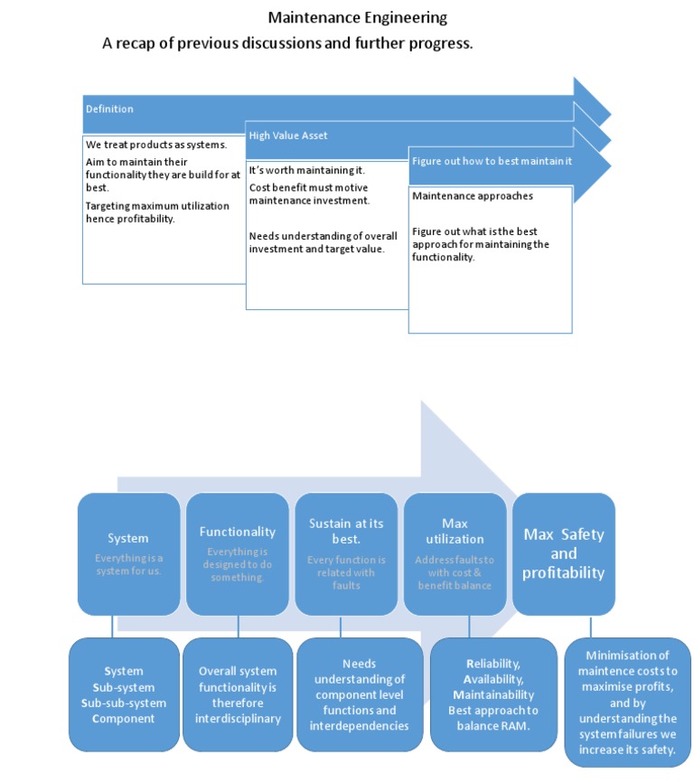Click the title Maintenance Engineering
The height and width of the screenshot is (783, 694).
357,17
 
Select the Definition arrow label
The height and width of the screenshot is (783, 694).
109,109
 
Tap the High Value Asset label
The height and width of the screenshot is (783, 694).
288,136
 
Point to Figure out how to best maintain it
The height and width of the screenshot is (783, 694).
492,161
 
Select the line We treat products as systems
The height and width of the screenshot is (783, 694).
155,145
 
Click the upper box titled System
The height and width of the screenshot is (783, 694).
128,552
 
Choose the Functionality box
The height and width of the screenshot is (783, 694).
237,552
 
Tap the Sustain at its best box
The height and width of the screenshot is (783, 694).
346,552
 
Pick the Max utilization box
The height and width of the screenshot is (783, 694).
455,552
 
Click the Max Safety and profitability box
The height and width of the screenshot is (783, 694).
563,552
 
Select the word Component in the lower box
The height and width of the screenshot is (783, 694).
125,719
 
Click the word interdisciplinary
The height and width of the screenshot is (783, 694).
239,719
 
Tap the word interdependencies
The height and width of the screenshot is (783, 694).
360,725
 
